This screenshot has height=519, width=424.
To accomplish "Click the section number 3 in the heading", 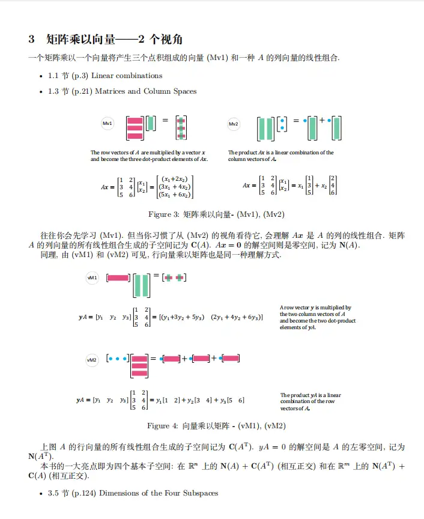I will (x=31, y=40).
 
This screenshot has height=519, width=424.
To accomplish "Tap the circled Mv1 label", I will (x=108, y=124).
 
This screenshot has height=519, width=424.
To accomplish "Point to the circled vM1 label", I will (x=92, y=278).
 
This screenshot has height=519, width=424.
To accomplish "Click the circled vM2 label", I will (x=92, y=360).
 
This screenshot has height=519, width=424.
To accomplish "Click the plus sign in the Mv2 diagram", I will (x=322, y=120).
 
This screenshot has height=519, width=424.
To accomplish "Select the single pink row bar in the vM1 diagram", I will (x=118, y=278).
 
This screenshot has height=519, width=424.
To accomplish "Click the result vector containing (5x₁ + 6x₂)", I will (x=174, y=186).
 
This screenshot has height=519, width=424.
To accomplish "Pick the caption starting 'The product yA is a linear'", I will (x=310, y=402).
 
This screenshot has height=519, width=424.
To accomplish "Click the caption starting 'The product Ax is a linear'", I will (x=280, y=156).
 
